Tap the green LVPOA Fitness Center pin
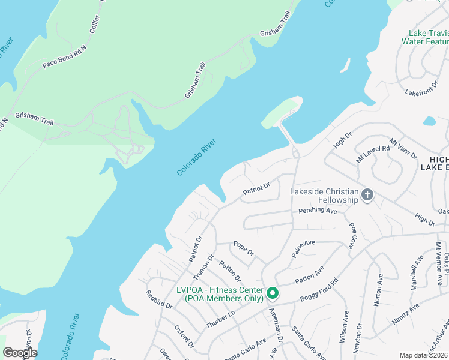[272, 293]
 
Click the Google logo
[20, 353]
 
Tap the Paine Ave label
[303, 248]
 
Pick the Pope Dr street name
[244, 248]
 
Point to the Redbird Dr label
[159, 299]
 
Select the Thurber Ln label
[220, 319]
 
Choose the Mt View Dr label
[403, 148]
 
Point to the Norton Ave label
[379, 290]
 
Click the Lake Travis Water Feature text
[426, 37]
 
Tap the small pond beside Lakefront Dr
[429, 121]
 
